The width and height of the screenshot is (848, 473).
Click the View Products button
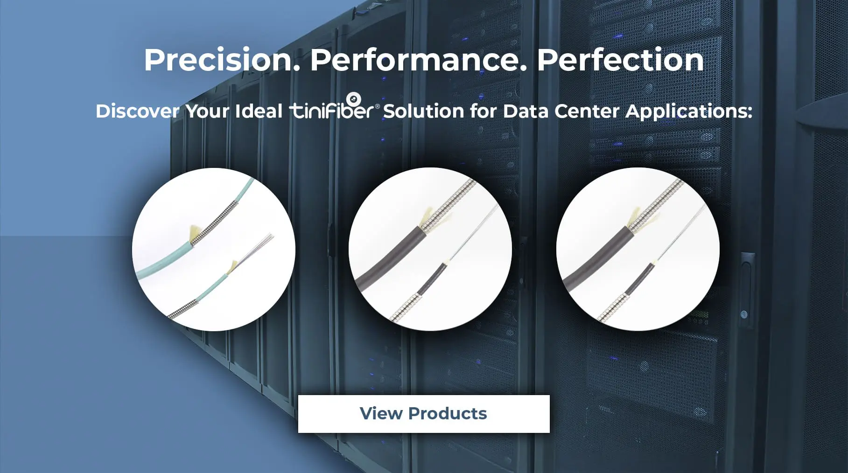click(x=424, y=414)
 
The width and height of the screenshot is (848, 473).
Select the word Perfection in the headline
click(x=620, y=60)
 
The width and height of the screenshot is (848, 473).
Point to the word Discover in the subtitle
click(x=137, y=111)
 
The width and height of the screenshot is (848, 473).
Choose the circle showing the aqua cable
click(x=214, y=250)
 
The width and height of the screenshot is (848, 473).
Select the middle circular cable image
click(x=430, y=249)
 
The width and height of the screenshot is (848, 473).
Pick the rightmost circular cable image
click(x=638, y=249)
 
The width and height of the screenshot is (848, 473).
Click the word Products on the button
click(x=448, y=414)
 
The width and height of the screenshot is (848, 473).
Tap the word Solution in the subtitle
click(x=424, y=111)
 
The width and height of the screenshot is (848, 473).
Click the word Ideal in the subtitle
click(x=259, y=111)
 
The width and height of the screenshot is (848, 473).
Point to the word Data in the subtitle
click(x=526, y=111)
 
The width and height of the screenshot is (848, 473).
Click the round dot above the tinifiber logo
click(x=354, y=99)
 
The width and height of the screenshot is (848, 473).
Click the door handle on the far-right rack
click(x=747, y=275)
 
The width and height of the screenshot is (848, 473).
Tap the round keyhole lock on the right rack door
click(x=744, y=314)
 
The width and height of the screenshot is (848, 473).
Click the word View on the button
click(x=381, y=414)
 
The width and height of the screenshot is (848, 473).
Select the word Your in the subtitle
click(x=207, y=111)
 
